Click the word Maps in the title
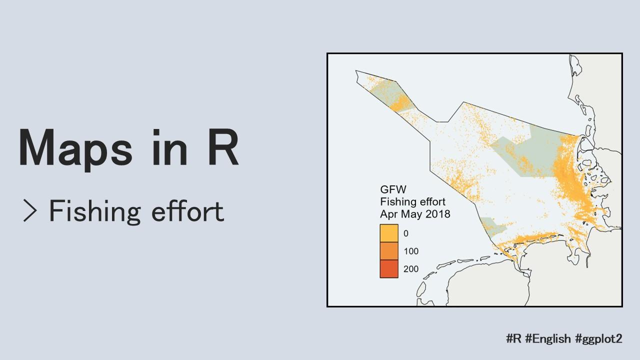pos(75,148)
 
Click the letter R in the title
pos(223,147)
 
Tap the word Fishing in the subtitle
pos(95,212)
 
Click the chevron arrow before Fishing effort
pos(30,211)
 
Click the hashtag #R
pos(513,338)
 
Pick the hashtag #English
pos(548,339)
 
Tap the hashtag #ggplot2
pos(598,339)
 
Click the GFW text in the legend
pos(393,189)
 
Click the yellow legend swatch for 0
pos(389,233)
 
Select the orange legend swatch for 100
pos(389,251)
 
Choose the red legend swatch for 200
pos(389,268)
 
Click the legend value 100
pos(411,251)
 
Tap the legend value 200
pos(411,269)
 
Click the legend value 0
pos(406,233)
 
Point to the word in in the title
pos(169,147)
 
